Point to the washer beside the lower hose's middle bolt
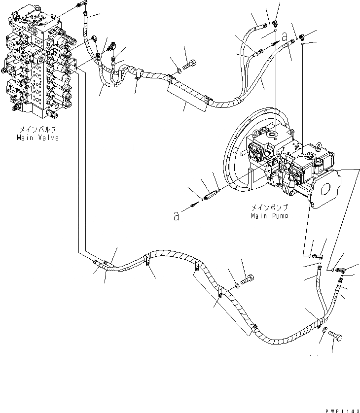click(x=237, y=285)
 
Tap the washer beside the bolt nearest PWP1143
click(x=324, y=335)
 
